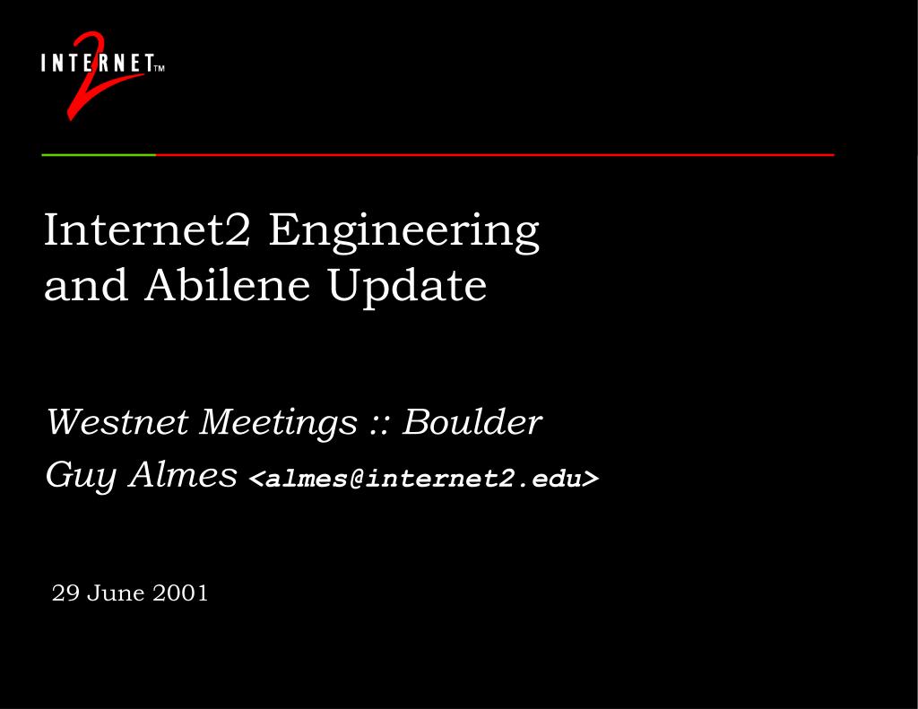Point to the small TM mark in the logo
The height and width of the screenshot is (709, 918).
pyautogui.click(x=160, y=67)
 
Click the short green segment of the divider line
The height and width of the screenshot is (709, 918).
pyautogui.click(x=99, y=155)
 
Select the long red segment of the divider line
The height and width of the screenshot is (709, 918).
pyautogui.click(x=493, y=155)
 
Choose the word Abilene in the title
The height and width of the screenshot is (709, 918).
pyautogui.click(x=228, y=285)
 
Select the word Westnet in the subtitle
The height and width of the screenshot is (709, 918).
pyautogui.click(x=117, y=421)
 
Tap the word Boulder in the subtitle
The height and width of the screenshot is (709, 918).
pyautogui.click(x=472, y=421)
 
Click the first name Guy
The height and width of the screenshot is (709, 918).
pyautogui.click(x=82, y=475)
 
